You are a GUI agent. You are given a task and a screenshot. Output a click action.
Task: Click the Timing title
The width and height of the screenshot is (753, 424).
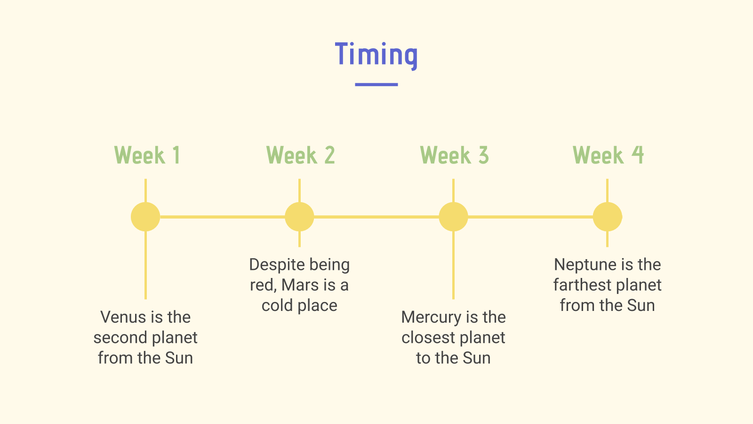click(x=376, y=56)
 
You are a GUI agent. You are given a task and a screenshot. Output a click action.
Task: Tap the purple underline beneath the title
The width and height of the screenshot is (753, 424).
click(x=376, y=84)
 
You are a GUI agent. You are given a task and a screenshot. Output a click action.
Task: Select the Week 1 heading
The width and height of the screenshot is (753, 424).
click(x=147, y=155)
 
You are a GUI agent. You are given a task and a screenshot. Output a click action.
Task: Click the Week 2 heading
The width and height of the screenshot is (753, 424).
click(x=301, y=155)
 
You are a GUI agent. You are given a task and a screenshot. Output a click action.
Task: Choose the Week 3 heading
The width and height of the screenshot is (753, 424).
click(x=455, y=155)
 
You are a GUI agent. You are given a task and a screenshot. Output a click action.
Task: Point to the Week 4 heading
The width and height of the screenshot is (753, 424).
click(x=608, y=155)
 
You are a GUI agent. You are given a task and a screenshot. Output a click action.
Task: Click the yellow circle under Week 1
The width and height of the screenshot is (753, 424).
click(x=145, y=217)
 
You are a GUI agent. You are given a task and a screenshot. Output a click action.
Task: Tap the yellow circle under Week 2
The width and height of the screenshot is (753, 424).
click(x=299, y=217)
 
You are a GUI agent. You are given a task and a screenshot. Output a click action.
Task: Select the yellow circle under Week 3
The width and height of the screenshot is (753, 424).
click(x=454, y=217)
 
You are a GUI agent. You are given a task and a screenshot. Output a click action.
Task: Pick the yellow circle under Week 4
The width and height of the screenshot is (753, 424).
click(x=608, y=217)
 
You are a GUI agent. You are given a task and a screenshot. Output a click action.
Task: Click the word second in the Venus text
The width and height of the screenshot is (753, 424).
click(x=120, y=337)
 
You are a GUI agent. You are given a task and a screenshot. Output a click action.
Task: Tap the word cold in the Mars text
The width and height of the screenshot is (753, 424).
click(x=277, y=306)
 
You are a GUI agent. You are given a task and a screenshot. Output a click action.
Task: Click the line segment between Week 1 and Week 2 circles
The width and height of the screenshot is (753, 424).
click(x=223, y=217)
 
